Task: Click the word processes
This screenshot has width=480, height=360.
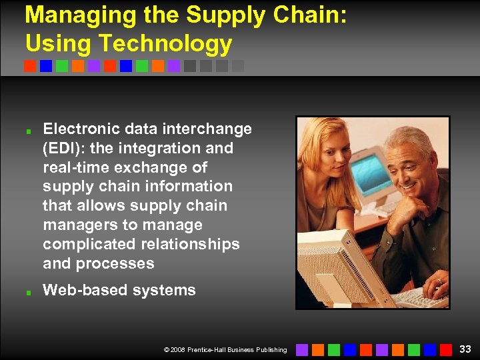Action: click(115, 263)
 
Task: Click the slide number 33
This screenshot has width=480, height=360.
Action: click(465, 349)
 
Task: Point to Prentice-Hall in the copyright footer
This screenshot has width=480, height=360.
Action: click(211, 349)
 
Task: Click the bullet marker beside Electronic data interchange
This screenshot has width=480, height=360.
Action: click(28, 130)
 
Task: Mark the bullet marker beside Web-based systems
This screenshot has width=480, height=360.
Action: click(28, 291)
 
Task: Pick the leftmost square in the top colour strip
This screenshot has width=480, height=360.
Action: click(30, 66)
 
